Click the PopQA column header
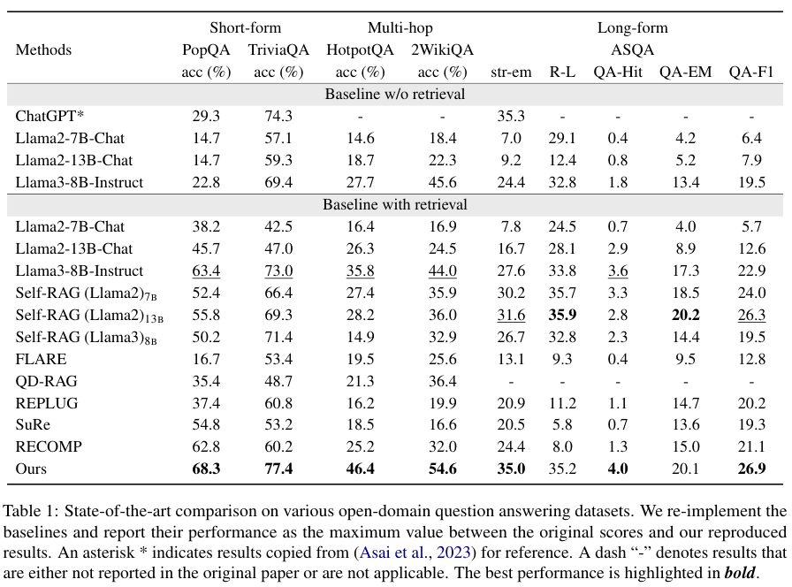tap(205, 50)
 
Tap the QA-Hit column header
tap(618, 72)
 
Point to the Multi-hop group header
tap(400, 27)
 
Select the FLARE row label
tap(42, 359)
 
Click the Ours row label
tap(32, 469)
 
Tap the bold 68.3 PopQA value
tap(206, 469)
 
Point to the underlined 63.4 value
tap(206, 271)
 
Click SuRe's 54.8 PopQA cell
tap(206, 424)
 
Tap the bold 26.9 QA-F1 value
tap(751, 469)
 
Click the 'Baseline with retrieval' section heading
tap(395, 205)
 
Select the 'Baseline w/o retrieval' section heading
tap(395, 94)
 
